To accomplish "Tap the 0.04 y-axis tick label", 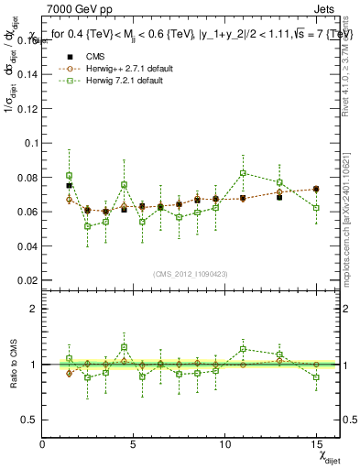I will (25, 246).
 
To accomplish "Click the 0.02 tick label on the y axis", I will (25, 280).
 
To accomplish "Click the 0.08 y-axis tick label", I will (25, 178).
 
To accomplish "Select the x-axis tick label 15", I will (316, 443).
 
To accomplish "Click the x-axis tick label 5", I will (134, 443).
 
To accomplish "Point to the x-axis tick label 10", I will (225, 443).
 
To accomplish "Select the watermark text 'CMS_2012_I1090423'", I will (191, 275).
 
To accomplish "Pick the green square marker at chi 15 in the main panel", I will (316, 208).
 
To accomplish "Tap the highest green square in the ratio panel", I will (124, 347).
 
